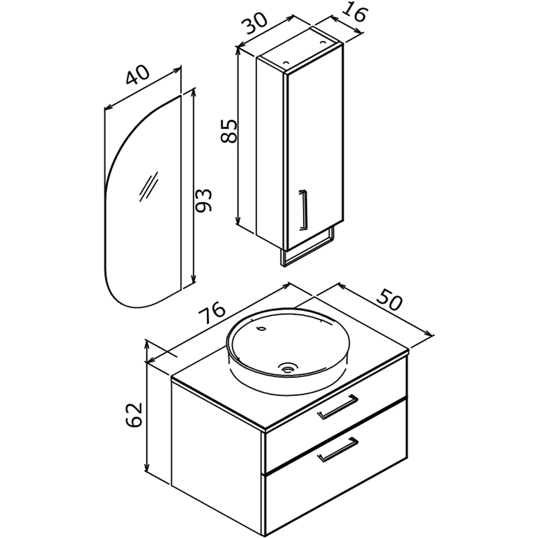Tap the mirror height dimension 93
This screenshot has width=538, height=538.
coord(203,200)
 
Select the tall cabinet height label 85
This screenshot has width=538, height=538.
coord(229,131)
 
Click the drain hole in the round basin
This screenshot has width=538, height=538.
coord(287,368)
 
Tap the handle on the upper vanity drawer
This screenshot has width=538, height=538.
coord(338,407)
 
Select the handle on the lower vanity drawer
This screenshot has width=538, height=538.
coord(338,449)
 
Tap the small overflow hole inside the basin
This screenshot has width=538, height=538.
coord(262,328)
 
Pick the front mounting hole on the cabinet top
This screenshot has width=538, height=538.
coord(286,63)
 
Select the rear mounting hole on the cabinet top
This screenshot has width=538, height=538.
coord(322,42)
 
